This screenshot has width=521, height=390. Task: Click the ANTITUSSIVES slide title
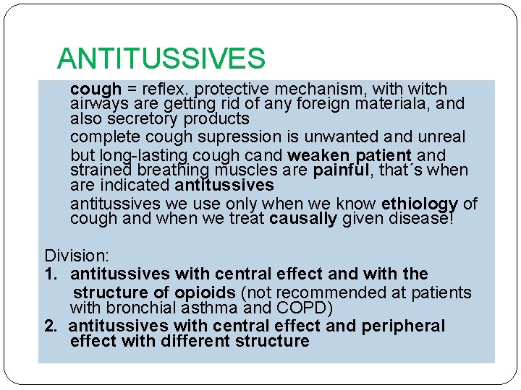(161, 58)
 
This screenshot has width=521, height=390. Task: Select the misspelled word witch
(428, 90)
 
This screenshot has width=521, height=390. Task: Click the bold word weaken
(313, 155)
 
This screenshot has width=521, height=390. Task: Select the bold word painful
(339, 170)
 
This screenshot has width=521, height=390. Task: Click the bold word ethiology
(419, 204)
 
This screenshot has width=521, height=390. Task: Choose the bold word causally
(302, 219)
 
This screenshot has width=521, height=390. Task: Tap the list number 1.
(49, 274)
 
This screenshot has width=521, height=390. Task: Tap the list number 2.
(49, 326)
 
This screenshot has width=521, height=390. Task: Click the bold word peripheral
(403, 326)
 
